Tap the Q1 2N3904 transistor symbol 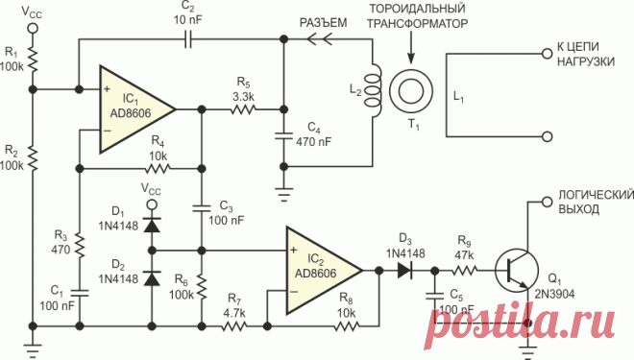tap(517, 271)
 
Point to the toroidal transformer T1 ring tap(411, 91)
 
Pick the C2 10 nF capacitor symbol tap(187, 40)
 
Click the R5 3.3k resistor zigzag tap(243, 109)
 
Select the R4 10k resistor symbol tap(158, 168)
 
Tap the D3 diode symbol tap(404, 271)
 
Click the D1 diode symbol tap(152, 226)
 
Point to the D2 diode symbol tap(152, 278)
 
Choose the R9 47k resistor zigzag tap(465, 271)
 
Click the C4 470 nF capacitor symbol tap(283, 136)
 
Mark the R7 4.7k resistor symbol tap(234, 325)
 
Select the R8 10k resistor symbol tap(347, 325)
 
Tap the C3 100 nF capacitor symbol tap(202, 208)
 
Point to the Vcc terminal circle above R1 tap(33, 28)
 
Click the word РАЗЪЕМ tap(323, 23)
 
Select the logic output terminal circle tap(547, 202)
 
